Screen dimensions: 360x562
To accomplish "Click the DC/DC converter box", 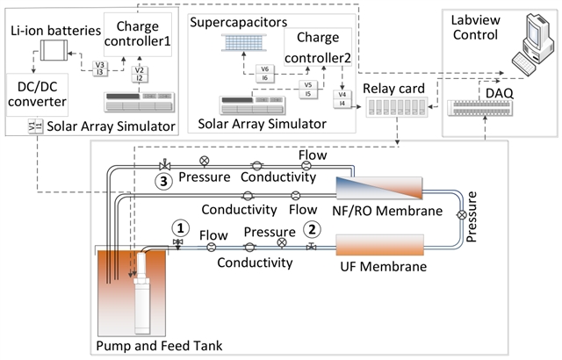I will [x=41, y=97].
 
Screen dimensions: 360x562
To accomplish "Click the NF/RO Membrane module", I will [x=379, y=190].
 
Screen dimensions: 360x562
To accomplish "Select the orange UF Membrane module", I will [x=380, y=243].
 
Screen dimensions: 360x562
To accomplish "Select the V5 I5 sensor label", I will [x=307, y=90].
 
